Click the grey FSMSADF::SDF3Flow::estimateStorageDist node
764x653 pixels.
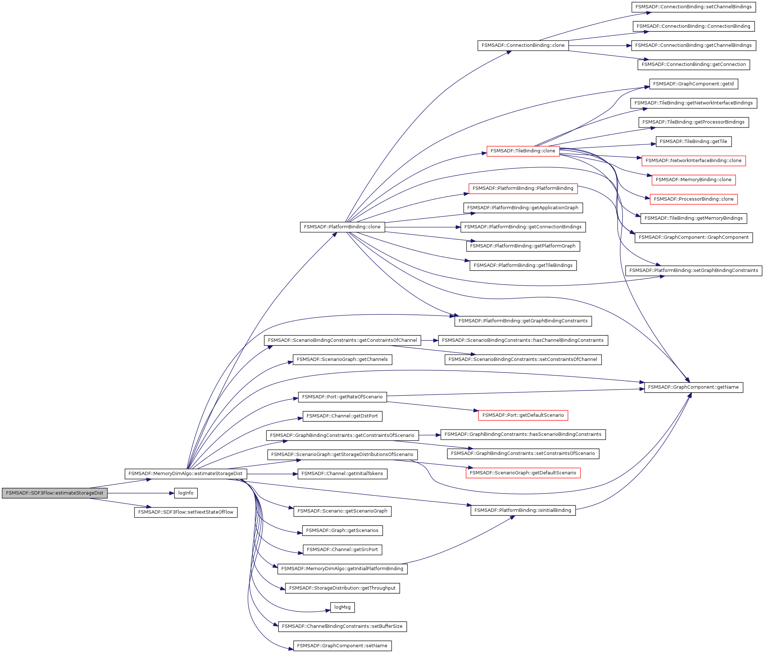(54, 493)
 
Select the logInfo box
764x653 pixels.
(186, 493)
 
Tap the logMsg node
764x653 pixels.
(342, 607)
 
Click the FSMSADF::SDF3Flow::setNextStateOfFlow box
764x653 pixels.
(186, 512)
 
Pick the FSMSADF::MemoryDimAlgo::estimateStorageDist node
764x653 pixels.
(186, 474)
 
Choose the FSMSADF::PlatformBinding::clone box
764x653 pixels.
(342, 227)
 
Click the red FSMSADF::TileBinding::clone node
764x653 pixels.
(523, 151)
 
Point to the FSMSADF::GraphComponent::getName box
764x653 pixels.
(693, 387)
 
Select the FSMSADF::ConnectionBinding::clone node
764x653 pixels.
(523, 45)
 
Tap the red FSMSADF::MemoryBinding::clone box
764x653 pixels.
(693, 180)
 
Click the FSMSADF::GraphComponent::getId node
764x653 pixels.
(693, 84)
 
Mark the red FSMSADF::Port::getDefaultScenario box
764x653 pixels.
(523, 415)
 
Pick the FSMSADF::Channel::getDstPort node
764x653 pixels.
(342, 416)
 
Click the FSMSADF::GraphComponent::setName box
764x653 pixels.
(342, 646)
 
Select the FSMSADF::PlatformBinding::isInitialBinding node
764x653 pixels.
(523, 510)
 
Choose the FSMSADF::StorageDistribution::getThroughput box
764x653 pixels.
(342, 588)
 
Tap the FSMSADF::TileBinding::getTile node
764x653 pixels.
(693, 142)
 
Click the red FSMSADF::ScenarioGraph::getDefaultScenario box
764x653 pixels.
(523, 473)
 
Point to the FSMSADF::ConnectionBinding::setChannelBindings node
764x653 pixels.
(693, 7)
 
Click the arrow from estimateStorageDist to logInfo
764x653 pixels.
(140, 493)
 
